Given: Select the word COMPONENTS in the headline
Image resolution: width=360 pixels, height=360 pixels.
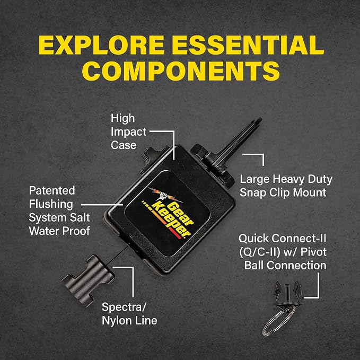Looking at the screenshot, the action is (181, 71).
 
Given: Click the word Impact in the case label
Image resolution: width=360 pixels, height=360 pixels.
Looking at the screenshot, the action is (128, 132).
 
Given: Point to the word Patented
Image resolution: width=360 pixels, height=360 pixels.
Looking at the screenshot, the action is (52, 190).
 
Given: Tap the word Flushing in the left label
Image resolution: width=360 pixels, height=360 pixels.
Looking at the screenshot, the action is (51, 204).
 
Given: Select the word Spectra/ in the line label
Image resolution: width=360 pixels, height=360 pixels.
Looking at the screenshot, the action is (124, 307).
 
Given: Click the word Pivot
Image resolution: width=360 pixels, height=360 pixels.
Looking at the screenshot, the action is (313, 252).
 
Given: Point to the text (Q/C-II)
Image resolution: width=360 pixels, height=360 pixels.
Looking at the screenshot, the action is (259, 252).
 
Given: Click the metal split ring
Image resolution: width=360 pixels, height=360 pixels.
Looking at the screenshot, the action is (278, 320).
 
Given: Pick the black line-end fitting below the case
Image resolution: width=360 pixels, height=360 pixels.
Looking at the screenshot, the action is (88, 279).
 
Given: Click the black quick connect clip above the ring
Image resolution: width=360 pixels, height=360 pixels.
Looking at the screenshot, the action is (287, 295).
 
